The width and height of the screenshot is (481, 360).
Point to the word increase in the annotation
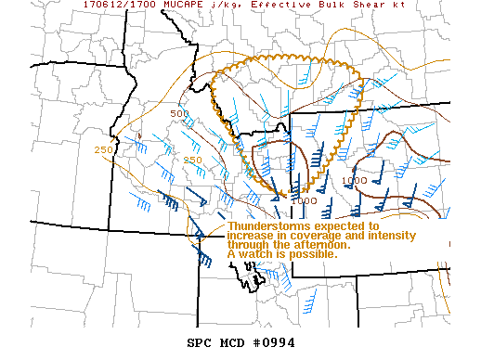click(x=253, y=236)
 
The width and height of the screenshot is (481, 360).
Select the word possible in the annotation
click(x=314, y=254)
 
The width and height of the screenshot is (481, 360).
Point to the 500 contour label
click(x=179, y=114)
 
